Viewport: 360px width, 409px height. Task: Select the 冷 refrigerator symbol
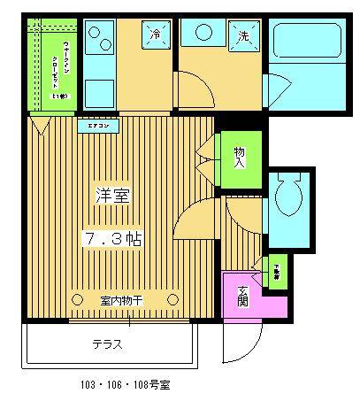coord(154,36)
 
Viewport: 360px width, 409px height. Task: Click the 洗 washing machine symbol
coord(241,36)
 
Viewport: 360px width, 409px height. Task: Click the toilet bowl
coord(288,197)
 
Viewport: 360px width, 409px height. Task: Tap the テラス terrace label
coord(107,344)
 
